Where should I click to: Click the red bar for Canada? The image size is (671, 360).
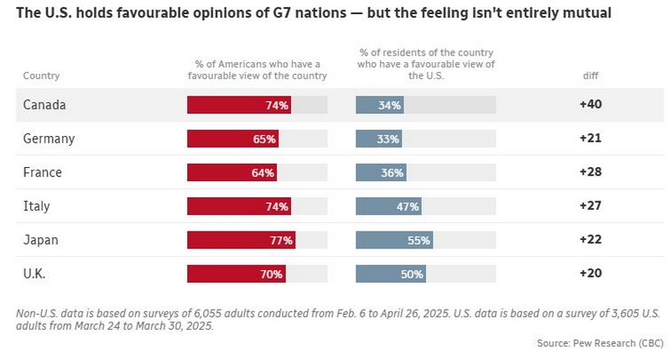(239, 105)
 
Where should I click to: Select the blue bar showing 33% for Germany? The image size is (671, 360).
(379, 138)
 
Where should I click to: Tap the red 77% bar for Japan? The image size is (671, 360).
(241, 240)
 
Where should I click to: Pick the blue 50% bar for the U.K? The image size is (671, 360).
(391, 274)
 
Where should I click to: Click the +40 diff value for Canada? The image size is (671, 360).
(590, 104)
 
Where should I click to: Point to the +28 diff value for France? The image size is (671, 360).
(590, 172)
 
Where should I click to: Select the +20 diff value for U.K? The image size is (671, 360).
(590, 273)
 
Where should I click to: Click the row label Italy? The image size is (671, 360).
(36, 206)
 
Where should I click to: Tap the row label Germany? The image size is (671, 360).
(49, 138)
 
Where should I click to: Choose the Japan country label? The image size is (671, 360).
(40, 240)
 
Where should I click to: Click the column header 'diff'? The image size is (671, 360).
(590, 76)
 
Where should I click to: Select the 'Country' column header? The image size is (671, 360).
(41, 76)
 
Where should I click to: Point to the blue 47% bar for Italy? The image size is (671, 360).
(388, 206)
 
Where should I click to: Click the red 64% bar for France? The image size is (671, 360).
(232, 173)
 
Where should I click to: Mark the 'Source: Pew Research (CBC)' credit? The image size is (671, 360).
(600, 343)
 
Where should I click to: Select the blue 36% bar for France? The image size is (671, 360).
(381, 173)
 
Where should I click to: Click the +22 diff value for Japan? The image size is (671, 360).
(590, 239)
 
